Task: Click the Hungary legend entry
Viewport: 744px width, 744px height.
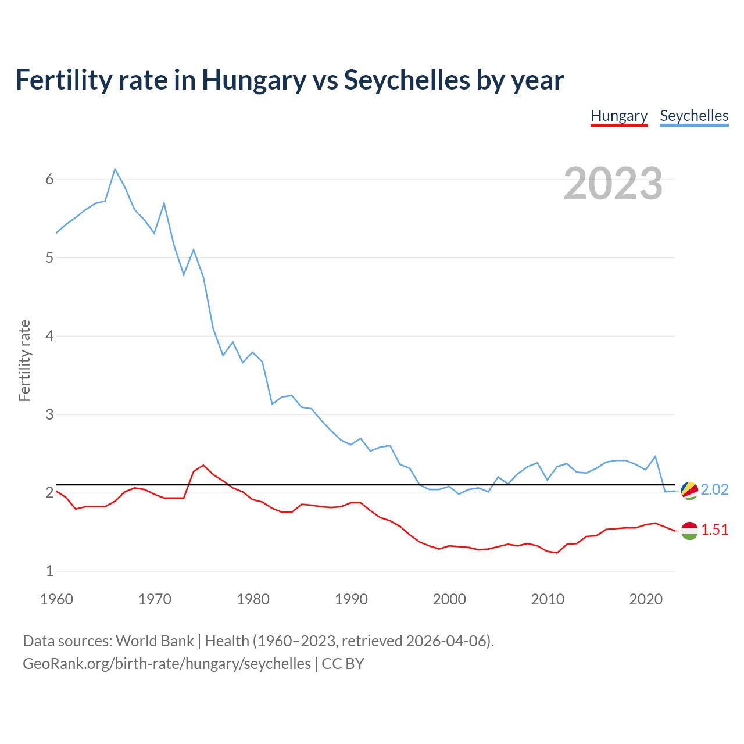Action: coord(619,116)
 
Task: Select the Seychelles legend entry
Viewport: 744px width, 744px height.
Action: coord(694,116)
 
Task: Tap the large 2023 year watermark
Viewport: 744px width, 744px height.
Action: coord(613,184)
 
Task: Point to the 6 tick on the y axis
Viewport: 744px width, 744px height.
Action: coord(49,179)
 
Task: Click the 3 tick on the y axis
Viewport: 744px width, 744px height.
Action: coord(49,414)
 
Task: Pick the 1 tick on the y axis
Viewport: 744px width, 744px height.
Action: coord(49,571)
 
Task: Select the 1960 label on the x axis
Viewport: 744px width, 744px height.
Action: coord(56,599)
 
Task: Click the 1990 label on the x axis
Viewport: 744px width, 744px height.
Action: coord(351,599)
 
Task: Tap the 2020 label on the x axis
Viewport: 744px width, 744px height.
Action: coord(646,599)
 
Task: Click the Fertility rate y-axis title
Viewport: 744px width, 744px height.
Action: coord(24,360)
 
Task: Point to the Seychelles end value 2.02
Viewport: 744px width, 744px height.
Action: coord(714,490)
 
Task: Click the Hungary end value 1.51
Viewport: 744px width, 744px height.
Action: coord(714,530)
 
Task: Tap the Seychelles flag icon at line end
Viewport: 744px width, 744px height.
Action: coord(689,490)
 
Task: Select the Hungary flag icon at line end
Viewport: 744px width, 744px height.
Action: coord(689,530)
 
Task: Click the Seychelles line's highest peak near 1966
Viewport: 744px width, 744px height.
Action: coord(115,169)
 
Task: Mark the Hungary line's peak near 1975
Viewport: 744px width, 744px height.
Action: coord(203,465)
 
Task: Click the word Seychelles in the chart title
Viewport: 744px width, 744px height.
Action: coord(407,80)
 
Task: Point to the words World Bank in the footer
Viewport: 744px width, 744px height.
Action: coord(155,641)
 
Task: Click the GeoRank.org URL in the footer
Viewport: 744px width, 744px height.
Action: coord(167,664)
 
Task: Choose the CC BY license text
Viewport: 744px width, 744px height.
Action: coord(343,664)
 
